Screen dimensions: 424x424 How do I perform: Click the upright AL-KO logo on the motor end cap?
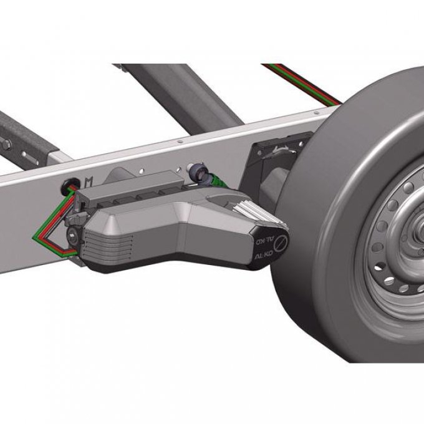tap(264, 255)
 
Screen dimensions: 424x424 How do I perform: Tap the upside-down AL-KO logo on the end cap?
tap(265, 241)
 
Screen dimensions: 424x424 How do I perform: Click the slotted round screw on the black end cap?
tap(281, 243)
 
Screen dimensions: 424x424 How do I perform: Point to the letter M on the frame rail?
tap(89, 182)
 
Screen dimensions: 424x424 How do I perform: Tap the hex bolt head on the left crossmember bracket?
tap(6, 145)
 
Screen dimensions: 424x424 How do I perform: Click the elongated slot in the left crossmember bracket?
tap(30, 159)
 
